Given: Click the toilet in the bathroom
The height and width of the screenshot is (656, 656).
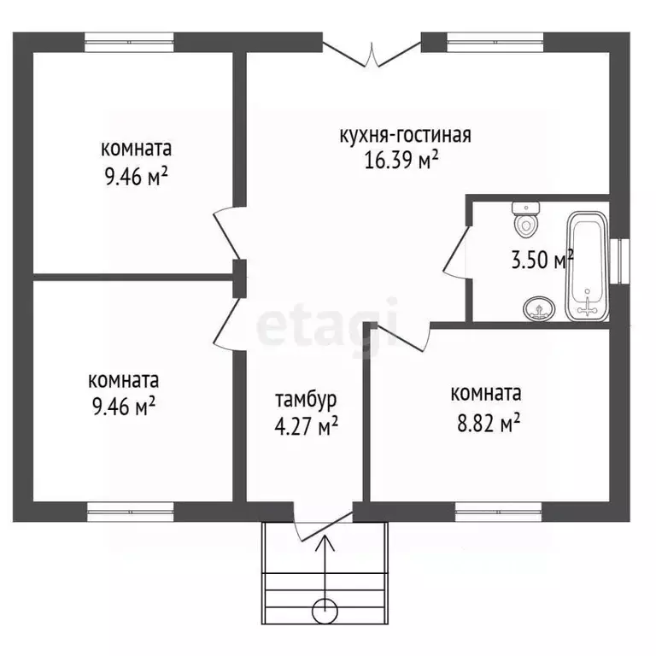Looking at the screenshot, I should point(524,220).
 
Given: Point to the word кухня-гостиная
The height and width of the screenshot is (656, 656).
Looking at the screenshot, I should point(405,135).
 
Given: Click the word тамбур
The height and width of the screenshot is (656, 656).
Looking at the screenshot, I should point(306,399).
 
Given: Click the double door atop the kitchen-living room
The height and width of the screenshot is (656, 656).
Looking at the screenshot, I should point(372,53).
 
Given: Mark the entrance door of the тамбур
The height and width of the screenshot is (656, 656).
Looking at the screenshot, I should point(322,523).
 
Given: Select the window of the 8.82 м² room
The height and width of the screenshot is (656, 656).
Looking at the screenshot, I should point(499,512).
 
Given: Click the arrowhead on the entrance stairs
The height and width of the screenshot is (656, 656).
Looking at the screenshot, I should point(325,540).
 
